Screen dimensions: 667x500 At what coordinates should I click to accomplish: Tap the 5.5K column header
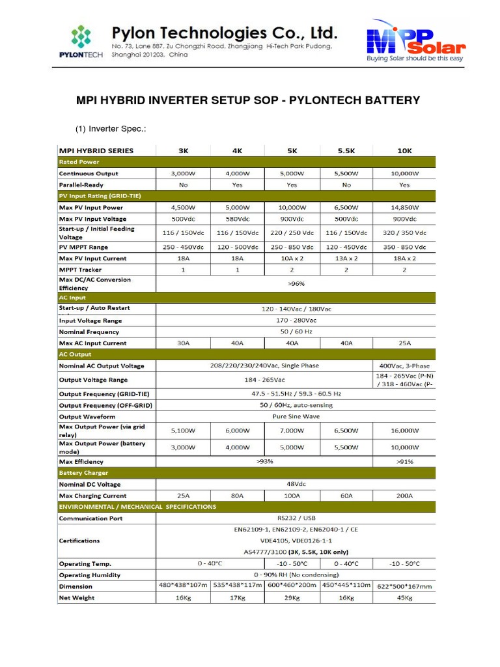click(346, 150)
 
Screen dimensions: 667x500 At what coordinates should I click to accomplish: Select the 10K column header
click(404, 150)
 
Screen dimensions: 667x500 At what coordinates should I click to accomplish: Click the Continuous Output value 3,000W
click(184, 174)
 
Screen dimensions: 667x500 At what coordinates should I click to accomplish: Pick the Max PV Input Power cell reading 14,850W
click(404, 207)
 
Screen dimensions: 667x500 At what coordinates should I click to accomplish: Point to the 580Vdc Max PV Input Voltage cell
click(237, 219)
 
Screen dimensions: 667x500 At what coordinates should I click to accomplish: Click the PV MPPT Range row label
click(84, 248)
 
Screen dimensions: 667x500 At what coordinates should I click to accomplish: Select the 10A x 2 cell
click(292, 259)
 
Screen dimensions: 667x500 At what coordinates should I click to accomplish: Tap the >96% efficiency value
click(296, 283)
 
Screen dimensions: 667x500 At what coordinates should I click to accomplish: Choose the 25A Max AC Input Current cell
click(404, 343)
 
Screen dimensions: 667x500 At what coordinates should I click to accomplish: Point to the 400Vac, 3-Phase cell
click(404, 365)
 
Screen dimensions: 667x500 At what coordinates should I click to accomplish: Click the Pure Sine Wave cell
click(296, 416)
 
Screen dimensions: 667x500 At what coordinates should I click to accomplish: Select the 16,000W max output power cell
click(404, 431)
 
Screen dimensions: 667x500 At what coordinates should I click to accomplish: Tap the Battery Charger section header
click(83, 473)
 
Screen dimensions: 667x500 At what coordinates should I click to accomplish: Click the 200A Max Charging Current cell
click(404, 496)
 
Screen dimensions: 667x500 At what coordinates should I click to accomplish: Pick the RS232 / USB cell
click(296, 518)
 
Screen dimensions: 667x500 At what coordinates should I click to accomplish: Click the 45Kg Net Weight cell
click(404, 597)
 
